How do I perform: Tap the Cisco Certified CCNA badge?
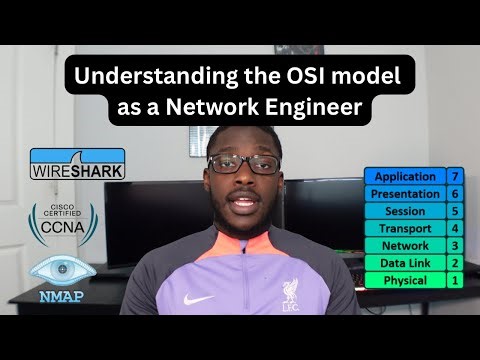[x=63, y=223]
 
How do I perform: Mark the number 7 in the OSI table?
[x=454, y=176]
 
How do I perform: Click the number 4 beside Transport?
[x=454, y=228]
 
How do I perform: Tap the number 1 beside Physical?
[x=454, y=280]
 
